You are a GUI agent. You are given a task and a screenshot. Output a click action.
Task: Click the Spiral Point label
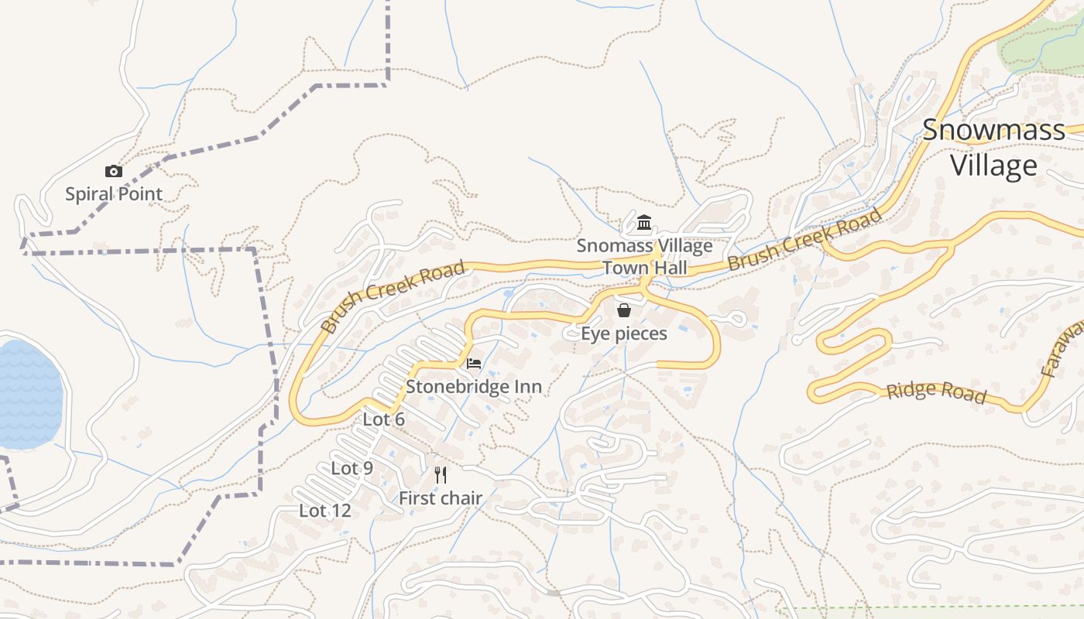pyautogui.click(x=114, y=194)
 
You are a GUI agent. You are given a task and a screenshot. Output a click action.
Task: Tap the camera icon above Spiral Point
pyautogui.click(x=114, y=172)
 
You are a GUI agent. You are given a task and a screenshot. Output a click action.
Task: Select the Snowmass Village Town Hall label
pyautogui.click(x=644, y=257)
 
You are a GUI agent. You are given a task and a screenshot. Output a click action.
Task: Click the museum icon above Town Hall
pyautogui.click(x=644, y=224)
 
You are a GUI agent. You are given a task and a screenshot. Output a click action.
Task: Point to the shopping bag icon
pyautogui.click(x=624, y=310)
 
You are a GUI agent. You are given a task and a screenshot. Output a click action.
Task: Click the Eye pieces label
pyautogui.click(x=624, y=333)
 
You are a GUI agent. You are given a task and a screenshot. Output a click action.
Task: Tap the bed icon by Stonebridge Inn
pyautogui.click(x=474, y=363)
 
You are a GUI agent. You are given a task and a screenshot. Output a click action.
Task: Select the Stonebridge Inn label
pyautogui.click(x=474, y=386)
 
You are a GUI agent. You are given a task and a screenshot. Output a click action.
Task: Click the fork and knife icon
pyautogui.click(x=441, y=475)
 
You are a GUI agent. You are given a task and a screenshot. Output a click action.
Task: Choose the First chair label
pyautogui.click(x=441, y=499)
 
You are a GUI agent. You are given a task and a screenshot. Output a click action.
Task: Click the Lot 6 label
pyautogui.click(x=384, y=419)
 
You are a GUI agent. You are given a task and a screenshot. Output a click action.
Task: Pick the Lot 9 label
pyautogui.click(x=352, y=468)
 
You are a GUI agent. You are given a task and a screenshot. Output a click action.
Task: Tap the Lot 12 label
pyautogui.click(x=325, y=511)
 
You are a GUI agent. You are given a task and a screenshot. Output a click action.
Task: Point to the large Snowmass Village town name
pyautogui.click(x=993, y=148)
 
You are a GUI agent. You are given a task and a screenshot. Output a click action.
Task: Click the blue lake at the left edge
pyautogui.click(x=27, y=395)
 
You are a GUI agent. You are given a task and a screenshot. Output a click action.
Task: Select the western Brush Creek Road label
pyautogui.click(x=393, y=296)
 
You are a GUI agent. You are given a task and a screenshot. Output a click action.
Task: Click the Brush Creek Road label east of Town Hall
pyautogui.click(x=804, y=239)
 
